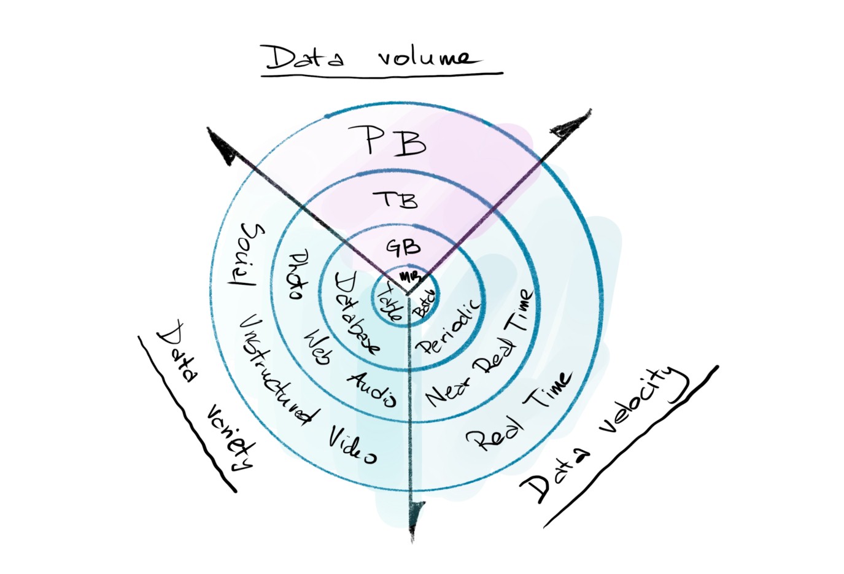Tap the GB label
(403, 247)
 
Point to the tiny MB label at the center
(406, 276)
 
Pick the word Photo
(298, 274)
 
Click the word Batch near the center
(424, 304)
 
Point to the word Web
(318, 347)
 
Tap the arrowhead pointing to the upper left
(220, 145)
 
